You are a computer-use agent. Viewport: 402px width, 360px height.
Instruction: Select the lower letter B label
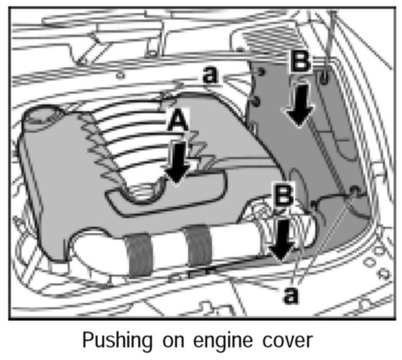click(x=283, y=196)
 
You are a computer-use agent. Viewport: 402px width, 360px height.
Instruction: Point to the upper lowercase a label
click(x=210, y=75)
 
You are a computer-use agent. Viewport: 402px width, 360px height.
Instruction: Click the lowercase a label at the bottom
click(x=291, y=294)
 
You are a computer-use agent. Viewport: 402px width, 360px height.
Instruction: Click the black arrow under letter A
click(x=177, y=161)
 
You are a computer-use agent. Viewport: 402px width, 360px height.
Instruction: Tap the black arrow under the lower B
click(x=283, y=238)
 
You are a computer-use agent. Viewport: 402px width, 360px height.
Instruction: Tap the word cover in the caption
click(x=285, y=340)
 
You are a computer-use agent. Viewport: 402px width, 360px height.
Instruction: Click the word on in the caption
click(x=167, y=340)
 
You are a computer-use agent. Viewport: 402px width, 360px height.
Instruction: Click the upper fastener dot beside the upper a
click(x=260, y=72)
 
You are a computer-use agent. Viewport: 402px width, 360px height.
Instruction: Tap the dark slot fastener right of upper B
click(x=324, y=76)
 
